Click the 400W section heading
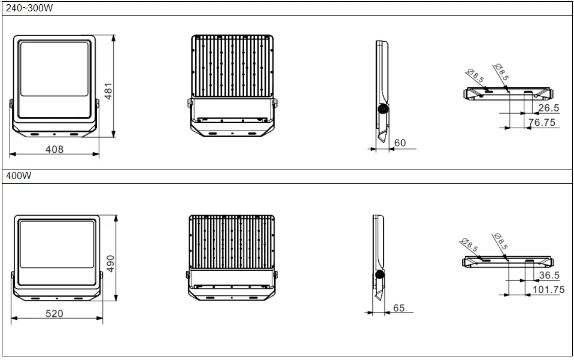click(x=19, y=176)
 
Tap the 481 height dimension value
click(x=108, y=90)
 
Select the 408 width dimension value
click(x=54, y=149)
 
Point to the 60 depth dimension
click(x=400, y=143)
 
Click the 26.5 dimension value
click(x=548, y=108)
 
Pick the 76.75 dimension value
click(x=542, y=122)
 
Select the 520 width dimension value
click(x=54, y=313)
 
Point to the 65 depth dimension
click(x=399, y=308)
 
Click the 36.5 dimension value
click(x=549, y=276)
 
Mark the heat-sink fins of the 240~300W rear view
click(x=232, y=66)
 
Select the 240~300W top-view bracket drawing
click(x=509, y=93)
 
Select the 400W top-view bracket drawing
click(x=508, y=261)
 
